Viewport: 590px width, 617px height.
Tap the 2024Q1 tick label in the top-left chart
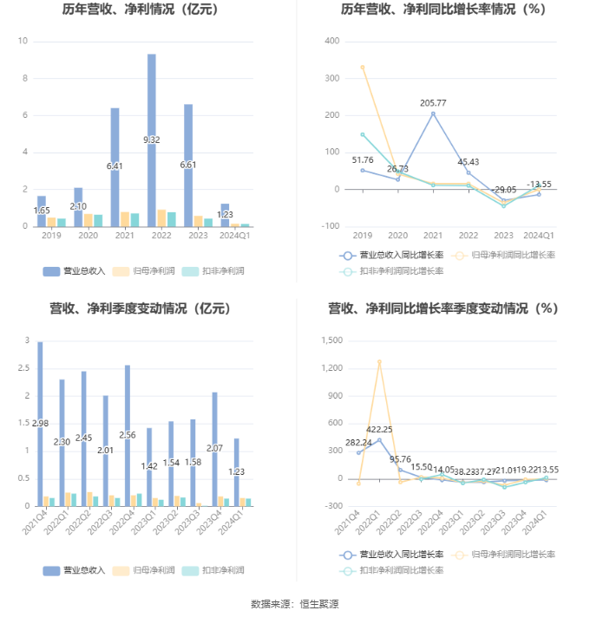pos(234,235)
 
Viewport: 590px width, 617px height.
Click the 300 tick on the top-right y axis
pos(332,78)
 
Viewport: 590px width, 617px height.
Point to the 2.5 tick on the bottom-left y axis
pos(26,368)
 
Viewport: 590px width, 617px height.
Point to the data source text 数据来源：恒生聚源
pos(295,604)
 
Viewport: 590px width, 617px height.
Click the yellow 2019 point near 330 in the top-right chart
pos(363,67)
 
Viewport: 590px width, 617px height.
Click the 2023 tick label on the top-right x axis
pos(503,235)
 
